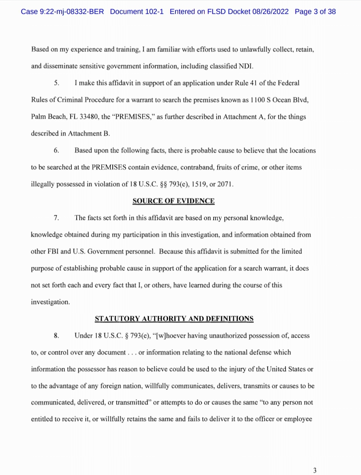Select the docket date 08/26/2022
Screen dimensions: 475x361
click(270, 12)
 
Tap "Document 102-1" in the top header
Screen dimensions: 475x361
click(137, 12)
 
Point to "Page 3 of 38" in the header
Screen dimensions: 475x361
click(315, 12)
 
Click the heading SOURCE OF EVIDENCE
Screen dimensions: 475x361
click(174, 201)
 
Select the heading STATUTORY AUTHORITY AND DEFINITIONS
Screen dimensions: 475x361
click(174, 319)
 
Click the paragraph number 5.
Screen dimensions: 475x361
click(56, 83)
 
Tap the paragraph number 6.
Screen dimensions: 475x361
click(56, 150)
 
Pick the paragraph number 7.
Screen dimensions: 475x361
click(56, 218)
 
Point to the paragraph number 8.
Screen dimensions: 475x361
click(56, 336)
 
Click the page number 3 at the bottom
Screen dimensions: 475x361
click(315, 471)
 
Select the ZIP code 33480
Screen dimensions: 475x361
click(89, 117)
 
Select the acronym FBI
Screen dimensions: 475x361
click(53, 252)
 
